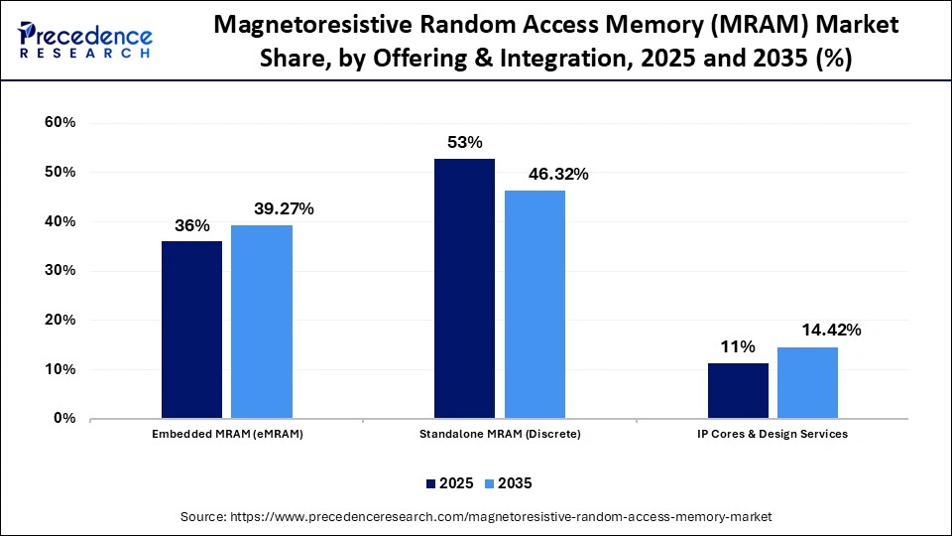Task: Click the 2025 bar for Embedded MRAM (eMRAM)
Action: pyautogui.click(x=191, y=330)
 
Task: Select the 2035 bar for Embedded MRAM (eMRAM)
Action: pyautogui.click(x=262, y=322)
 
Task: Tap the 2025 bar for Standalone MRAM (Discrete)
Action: pyautogui.click(x=465, y=288)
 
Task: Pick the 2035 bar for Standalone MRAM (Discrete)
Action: pyautogui.click(x=535, y=304)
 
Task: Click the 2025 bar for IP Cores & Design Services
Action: pyautogui.click(x=738, y=391)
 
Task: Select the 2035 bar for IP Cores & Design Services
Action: pyautogui.click(x=808, y=382)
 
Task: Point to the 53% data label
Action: pyautogui.click(x=465, y=141)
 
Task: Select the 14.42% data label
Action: pyautogui.click(x=820, y=330)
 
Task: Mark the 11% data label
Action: pyautogui.click(x=738, y=346)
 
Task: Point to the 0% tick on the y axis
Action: pyautogui.click(x=63, y=419)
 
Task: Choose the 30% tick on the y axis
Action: pyautogui.click(x=59, y=271)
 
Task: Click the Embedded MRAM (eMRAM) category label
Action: pyautogui.click(x=226, y=435)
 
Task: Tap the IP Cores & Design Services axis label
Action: pyautogui.click(x=773, y=435)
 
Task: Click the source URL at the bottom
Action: pyautogui.click(x=476, y=517)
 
